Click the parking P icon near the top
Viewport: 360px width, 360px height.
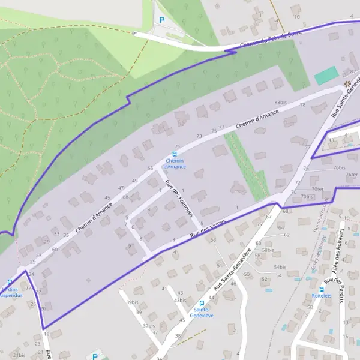[x=161, y=20]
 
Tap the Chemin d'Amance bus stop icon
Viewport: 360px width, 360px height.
[x=175, y=154]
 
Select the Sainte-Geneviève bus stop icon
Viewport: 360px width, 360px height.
[x=202, y=303]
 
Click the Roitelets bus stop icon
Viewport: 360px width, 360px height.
[x=322, y=288]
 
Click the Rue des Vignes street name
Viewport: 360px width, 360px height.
[x=207, y=229]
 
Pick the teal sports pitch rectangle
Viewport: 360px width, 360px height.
[x=325, y=76]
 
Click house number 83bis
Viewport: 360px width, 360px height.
[x=280, y=103]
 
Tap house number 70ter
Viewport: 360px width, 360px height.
[x=317, y=189]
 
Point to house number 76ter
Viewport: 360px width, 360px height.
[x=352, y=175]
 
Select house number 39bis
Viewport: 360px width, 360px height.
[x=131, y=302]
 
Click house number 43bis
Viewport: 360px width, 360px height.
[x=179, y=300]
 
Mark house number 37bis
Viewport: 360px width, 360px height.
[x=149, y=325]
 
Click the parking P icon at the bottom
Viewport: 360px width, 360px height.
[x=95, y=356]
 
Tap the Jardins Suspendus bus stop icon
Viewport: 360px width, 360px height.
[x=10, y=282]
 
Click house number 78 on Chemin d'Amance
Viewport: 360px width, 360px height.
[x=302, y=105]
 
